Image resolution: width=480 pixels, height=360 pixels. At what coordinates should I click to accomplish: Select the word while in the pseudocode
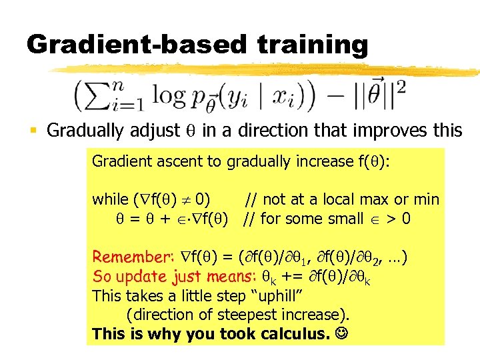point(110,199)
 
